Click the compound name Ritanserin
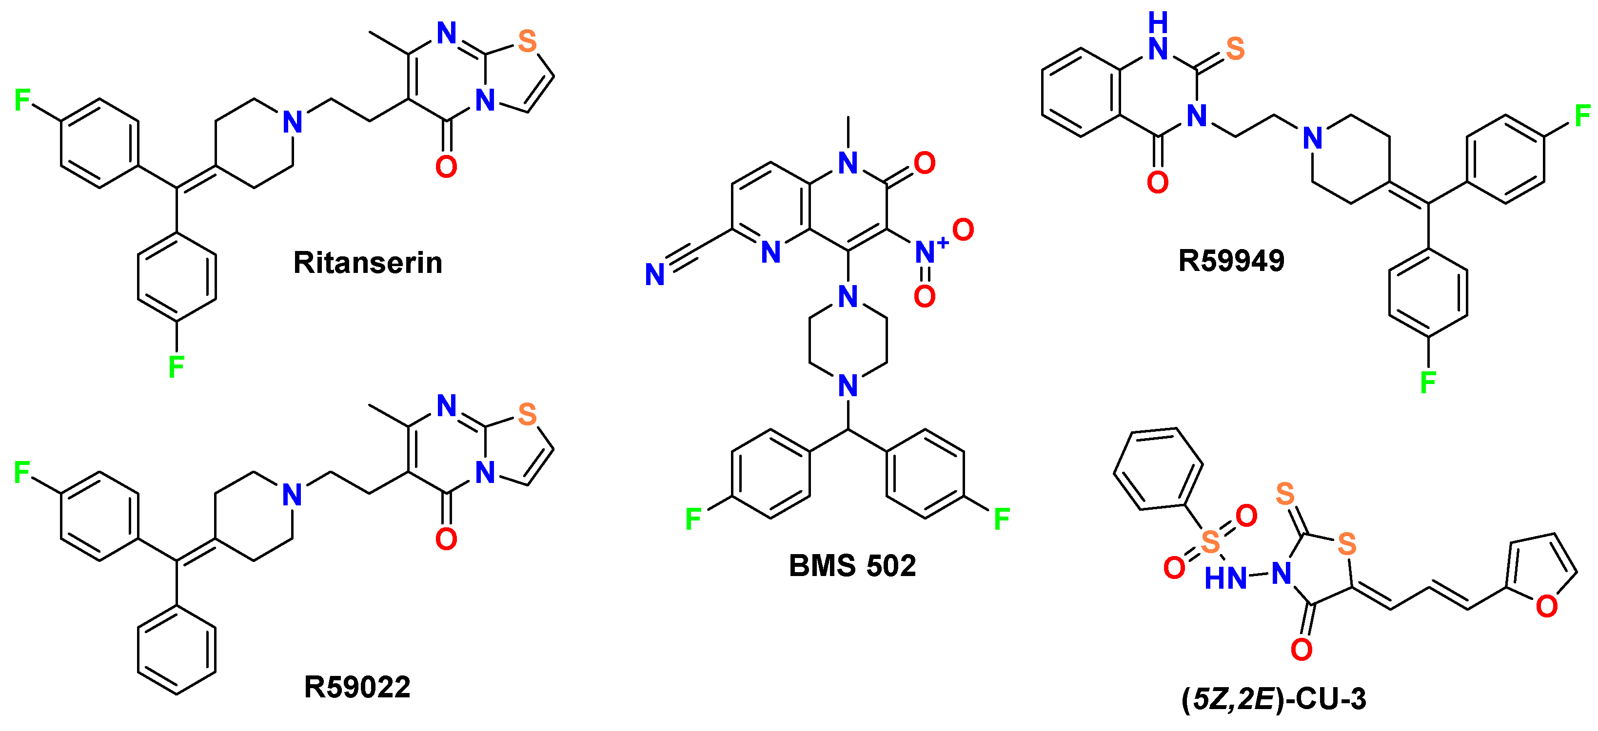tap(367, 263)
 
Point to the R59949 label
tap(1231, 260)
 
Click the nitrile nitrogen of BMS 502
tap(654, 275)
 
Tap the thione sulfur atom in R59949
tap(1235, 48)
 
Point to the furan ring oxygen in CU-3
tap(1546, 606)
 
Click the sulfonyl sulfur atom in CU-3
tap(1210, 542)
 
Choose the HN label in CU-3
tap(1225, 578)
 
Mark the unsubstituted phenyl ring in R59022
tap(177, 649)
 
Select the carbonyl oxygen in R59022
tap(446, 539)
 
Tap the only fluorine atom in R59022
tap(22, 472)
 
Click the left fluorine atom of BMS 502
tap(693, 519)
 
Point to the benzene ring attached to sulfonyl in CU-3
tap(1158, 469)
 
